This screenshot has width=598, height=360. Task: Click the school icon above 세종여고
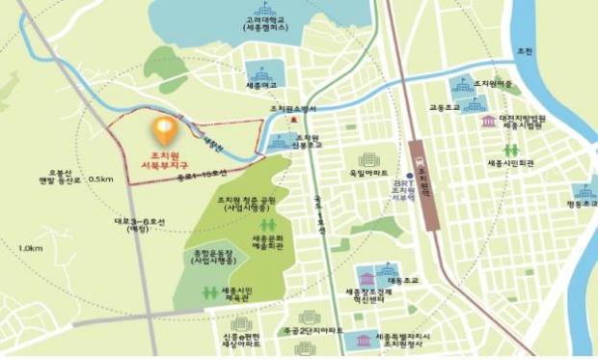(x=259, y=73)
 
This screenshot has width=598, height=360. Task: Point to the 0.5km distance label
(x=99, y=180)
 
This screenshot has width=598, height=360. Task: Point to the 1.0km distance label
(x=31, y=249)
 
